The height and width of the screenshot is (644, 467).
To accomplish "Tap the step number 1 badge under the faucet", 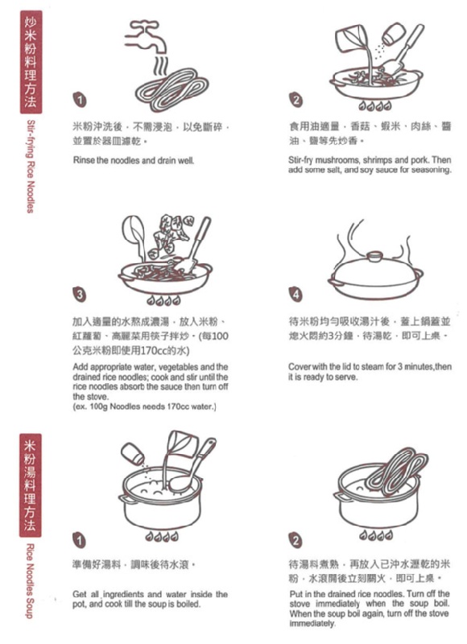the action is coord(80,100).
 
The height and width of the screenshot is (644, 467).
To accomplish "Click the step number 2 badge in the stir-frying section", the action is coord(295,100).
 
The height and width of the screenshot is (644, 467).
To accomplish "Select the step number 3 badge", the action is coord(80,294).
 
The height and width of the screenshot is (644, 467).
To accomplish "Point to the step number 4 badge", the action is coord(295,294).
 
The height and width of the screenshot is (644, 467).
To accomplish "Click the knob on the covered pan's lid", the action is coord(374,256).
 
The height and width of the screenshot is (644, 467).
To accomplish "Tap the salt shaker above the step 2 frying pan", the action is coord(393,34).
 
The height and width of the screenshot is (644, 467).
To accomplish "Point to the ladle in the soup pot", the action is coord(193,466).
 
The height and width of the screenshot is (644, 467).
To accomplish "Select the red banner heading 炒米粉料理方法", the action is coord(31,62).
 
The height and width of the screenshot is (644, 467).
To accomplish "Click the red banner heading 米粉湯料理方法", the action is coord(31,485).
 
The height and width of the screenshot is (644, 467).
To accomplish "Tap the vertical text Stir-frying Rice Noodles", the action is coord(31,167).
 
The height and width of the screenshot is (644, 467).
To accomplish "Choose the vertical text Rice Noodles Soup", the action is coord(30,580).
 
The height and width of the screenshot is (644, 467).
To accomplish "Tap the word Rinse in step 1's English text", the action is coord(84,160).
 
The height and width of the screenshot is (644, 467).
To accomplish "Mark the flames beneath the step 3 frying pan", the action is coord(163,300).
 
